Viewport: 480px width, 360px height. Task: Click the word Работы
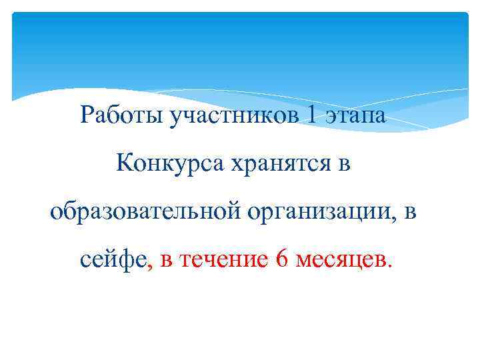click(121, 116)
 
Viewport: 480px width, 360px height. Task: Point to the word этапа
click(355, 117)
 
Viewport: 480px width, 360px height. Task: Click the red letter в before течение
click(166, 261)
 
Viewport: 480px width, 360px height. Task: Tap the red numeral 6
click(282, 259)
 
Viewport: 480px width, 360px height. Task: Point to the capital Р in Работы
click(86, 115)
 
